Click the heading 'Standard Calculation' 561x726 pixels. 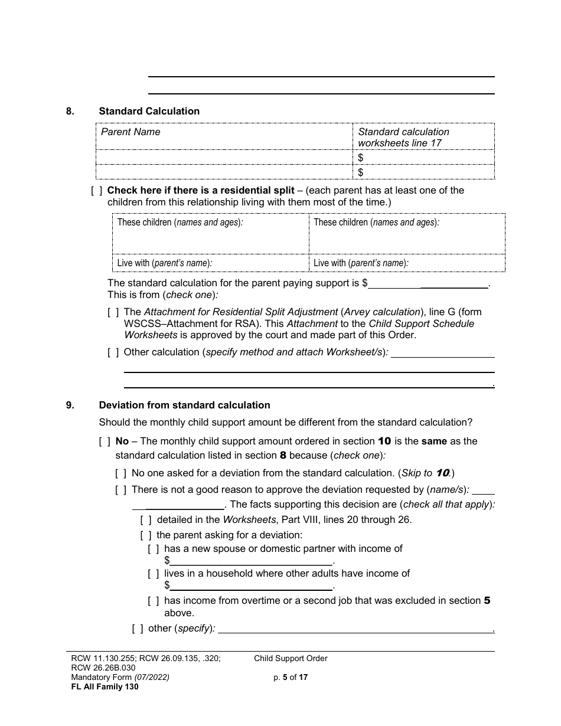pos(149,111)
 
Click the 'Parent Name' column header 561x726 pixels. pos(131,132)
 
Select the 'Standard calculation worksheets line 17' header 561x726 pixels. pos(403,137)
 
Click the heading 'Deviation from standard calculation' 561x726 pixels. pos(184,405)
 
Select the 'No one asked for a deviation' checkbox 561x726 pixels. pos(121,473)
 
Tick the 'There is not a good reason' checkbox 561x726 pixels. pos(121,490)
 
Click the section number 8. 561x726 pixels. pos(70,111)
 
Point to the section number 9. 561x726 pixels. pos(70,405)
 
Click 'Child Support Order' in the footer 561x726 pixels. pos(291,658)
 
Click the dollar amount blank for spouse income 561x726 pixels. pos(251,561)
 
